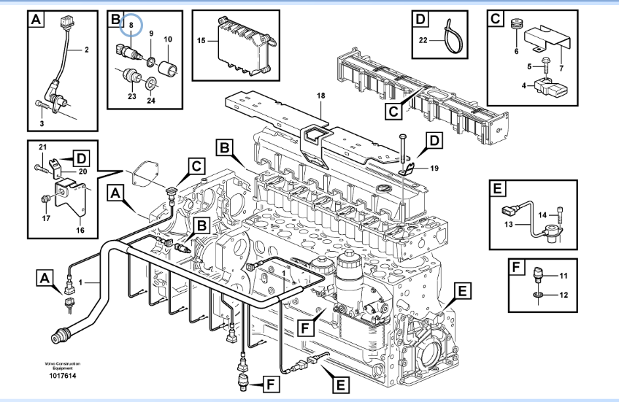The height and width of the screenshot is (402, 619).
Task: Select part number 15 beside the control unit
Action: click(201, 41)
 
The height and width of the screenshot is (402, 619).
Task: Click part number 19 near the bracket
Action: click(434, 168)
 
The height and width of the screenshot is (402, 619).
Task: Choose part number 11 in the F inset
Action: click(563, 275)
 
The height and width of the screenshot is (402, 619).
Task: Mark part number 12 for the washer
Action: click(563, 295)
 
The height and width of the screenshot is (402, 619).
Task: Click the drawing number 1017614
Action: click(62, 375)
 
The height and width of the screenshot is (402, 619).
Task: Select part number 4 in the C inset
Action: click(523, 86)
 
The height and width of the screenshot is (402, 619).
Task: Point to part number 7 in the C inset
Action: click(561, 68)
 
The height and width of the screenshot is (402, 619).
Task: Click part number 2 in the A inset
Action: click(86, 50)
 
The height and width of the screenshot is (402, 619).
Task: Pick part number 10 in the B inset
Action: click(167, 39)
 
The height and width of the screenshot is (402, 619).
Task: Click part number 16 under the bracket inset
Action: click(80, 230)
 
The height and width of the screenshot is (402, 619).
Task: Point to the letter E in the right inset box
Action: click(496, 190)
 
